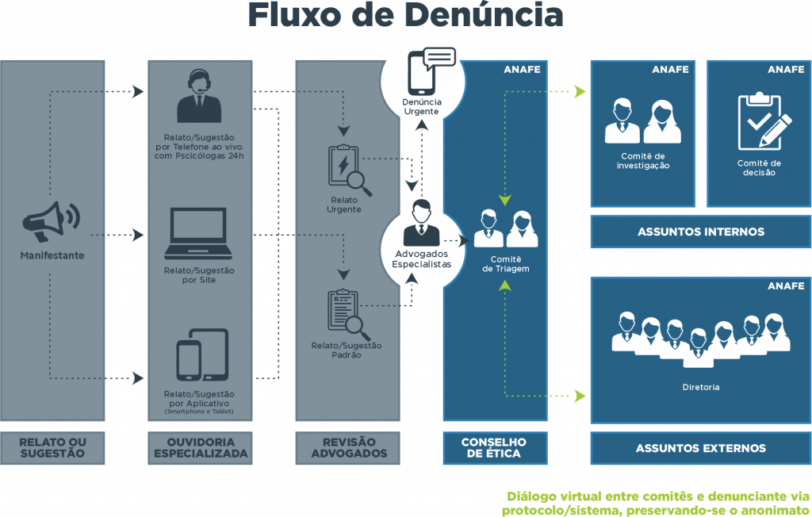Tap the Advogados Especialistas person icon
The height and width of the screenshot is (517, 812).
point(421,223)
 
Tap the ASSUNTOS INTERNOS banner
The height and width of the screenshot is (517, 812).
point(700,232)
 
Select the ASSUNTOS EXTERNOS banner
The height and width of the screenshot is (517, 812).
point(700,448)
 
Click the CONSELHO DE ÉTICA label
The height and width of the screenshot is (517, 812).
point(493,448)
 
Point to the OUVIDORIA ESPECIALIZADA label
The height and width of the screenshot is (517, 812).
point(201,448)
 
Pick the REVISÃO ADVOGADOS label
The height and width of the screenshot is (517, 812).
point(349,448)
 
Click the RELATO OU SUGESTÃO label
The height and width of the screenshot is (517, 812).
point(52,448)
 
